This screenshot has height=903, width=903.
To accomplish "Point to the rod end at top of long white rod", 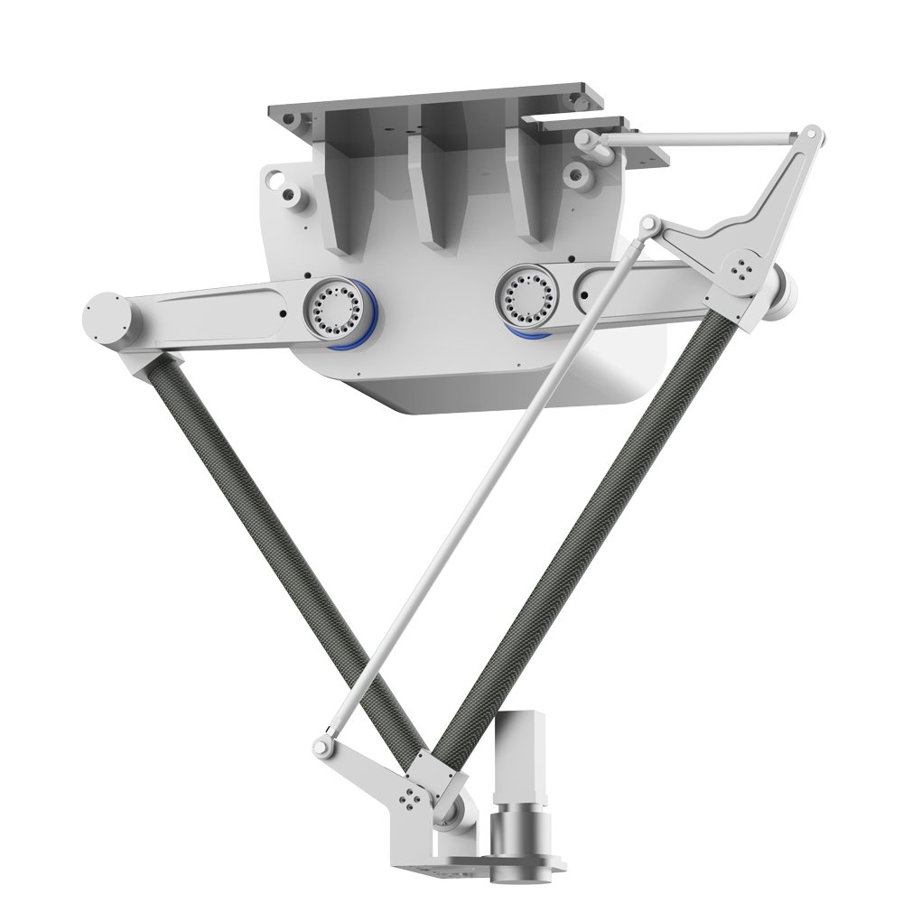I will pyautogui.click(x=649, y=223).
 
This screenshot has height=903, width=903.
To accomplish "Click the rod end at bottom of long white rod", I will pyautogui.click(x=321, y=745).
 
